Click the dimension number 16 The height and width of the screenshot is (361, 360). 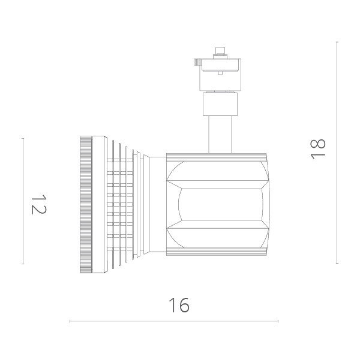coord(178,305)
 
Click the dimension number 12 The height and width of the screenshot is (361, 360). coord(38,204)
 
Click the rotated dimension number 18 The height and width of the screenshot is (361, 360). coord(319,148)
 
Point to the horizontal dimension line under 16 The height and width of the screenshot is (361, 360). coord(174,322)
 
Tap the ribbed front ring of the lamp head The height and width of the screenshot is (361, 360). coord(86,204)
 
